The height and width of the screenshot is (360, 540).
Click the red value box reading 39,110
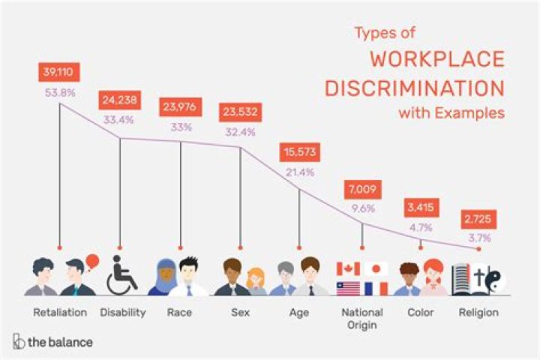(x=59, y=73)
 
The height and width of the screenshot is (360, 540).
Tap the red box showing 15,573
(x=299, y=152)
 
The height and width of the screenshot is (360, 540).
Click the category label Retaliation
(x=60, y=312)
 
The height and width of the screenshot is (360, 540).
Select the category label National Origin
(x=362, y=318)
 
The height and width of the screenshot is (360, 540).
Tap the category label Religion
(x=478, y=312)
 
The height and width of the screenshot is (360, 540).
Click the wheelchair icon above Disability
(x=122, y=275)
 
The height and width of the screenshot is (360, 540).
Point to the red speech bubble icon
(x=92, y=262)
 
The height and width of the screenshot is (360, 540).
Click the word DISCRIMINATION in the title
(x=414, y=88)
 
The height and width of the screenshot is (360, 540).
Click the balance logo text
(x=60, y=342)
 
